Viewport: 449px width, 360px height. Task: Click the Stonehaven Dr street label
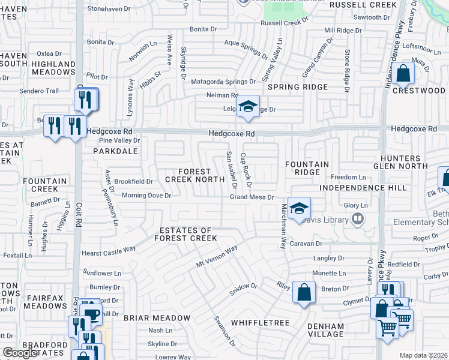point(109,9)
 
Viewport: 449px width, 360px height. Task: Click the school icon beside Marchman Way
point(298,208)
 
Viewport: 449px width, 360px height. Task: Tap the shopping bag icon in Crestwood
point(404,74)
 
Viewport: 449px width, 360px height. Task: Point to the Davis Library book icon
point(358,218)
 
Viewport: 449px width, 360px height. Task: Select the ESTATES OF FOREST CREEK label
point(185,235)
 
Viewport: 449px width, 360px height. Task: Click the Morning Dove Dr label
point(146,196)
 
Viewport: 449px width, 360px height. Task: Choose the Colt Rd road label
point(79,216)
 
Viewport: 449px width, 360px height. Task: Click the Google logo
point(20,353)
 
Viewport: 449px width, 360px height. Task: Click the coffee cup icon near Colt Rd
point(91,314)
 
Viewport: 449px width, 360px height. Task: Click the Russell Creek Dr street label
point(283,23)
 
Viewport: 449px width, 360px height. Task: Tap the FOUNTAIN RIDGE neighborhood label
point(307,168)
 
